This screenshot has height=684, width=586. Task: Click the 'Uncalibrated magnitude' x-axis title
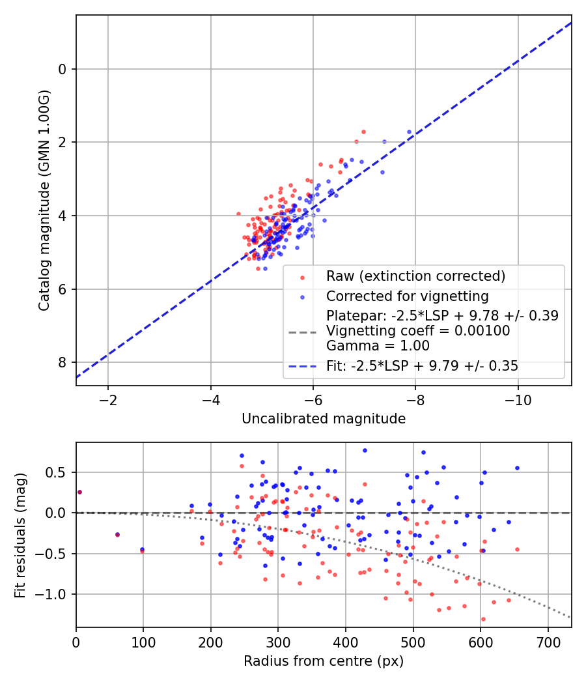(324, 419)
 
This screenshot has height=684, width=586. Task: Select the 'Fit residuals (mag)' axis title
(20, 535)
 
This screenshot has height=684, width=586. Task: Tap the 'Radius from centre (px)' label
(324, 661)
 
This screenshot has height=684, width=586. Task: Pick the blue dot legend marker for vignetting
(301, 297)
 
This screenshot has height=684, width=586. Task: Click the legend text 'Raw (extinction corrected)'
(415, 276)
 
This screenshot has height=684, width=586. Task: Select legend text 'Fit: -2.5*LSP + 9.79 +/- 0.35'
(422, 366)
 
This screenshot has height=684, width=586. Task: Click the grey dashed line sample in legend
(301, 332)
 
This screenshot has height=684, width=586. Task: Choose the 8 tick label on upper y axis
(63, 362)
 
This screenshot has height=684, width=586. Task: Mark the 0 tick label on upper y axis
(63, 69)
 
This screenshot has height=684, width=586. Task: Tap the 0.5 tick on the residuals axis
(59, 472)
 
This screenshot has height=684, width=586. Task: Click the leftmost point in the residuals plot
(79, 492)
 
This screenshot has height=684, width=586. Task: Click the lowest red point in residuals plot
(483, 619)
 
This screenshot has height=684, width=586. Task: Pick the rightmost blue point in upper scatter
(410, 132)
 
